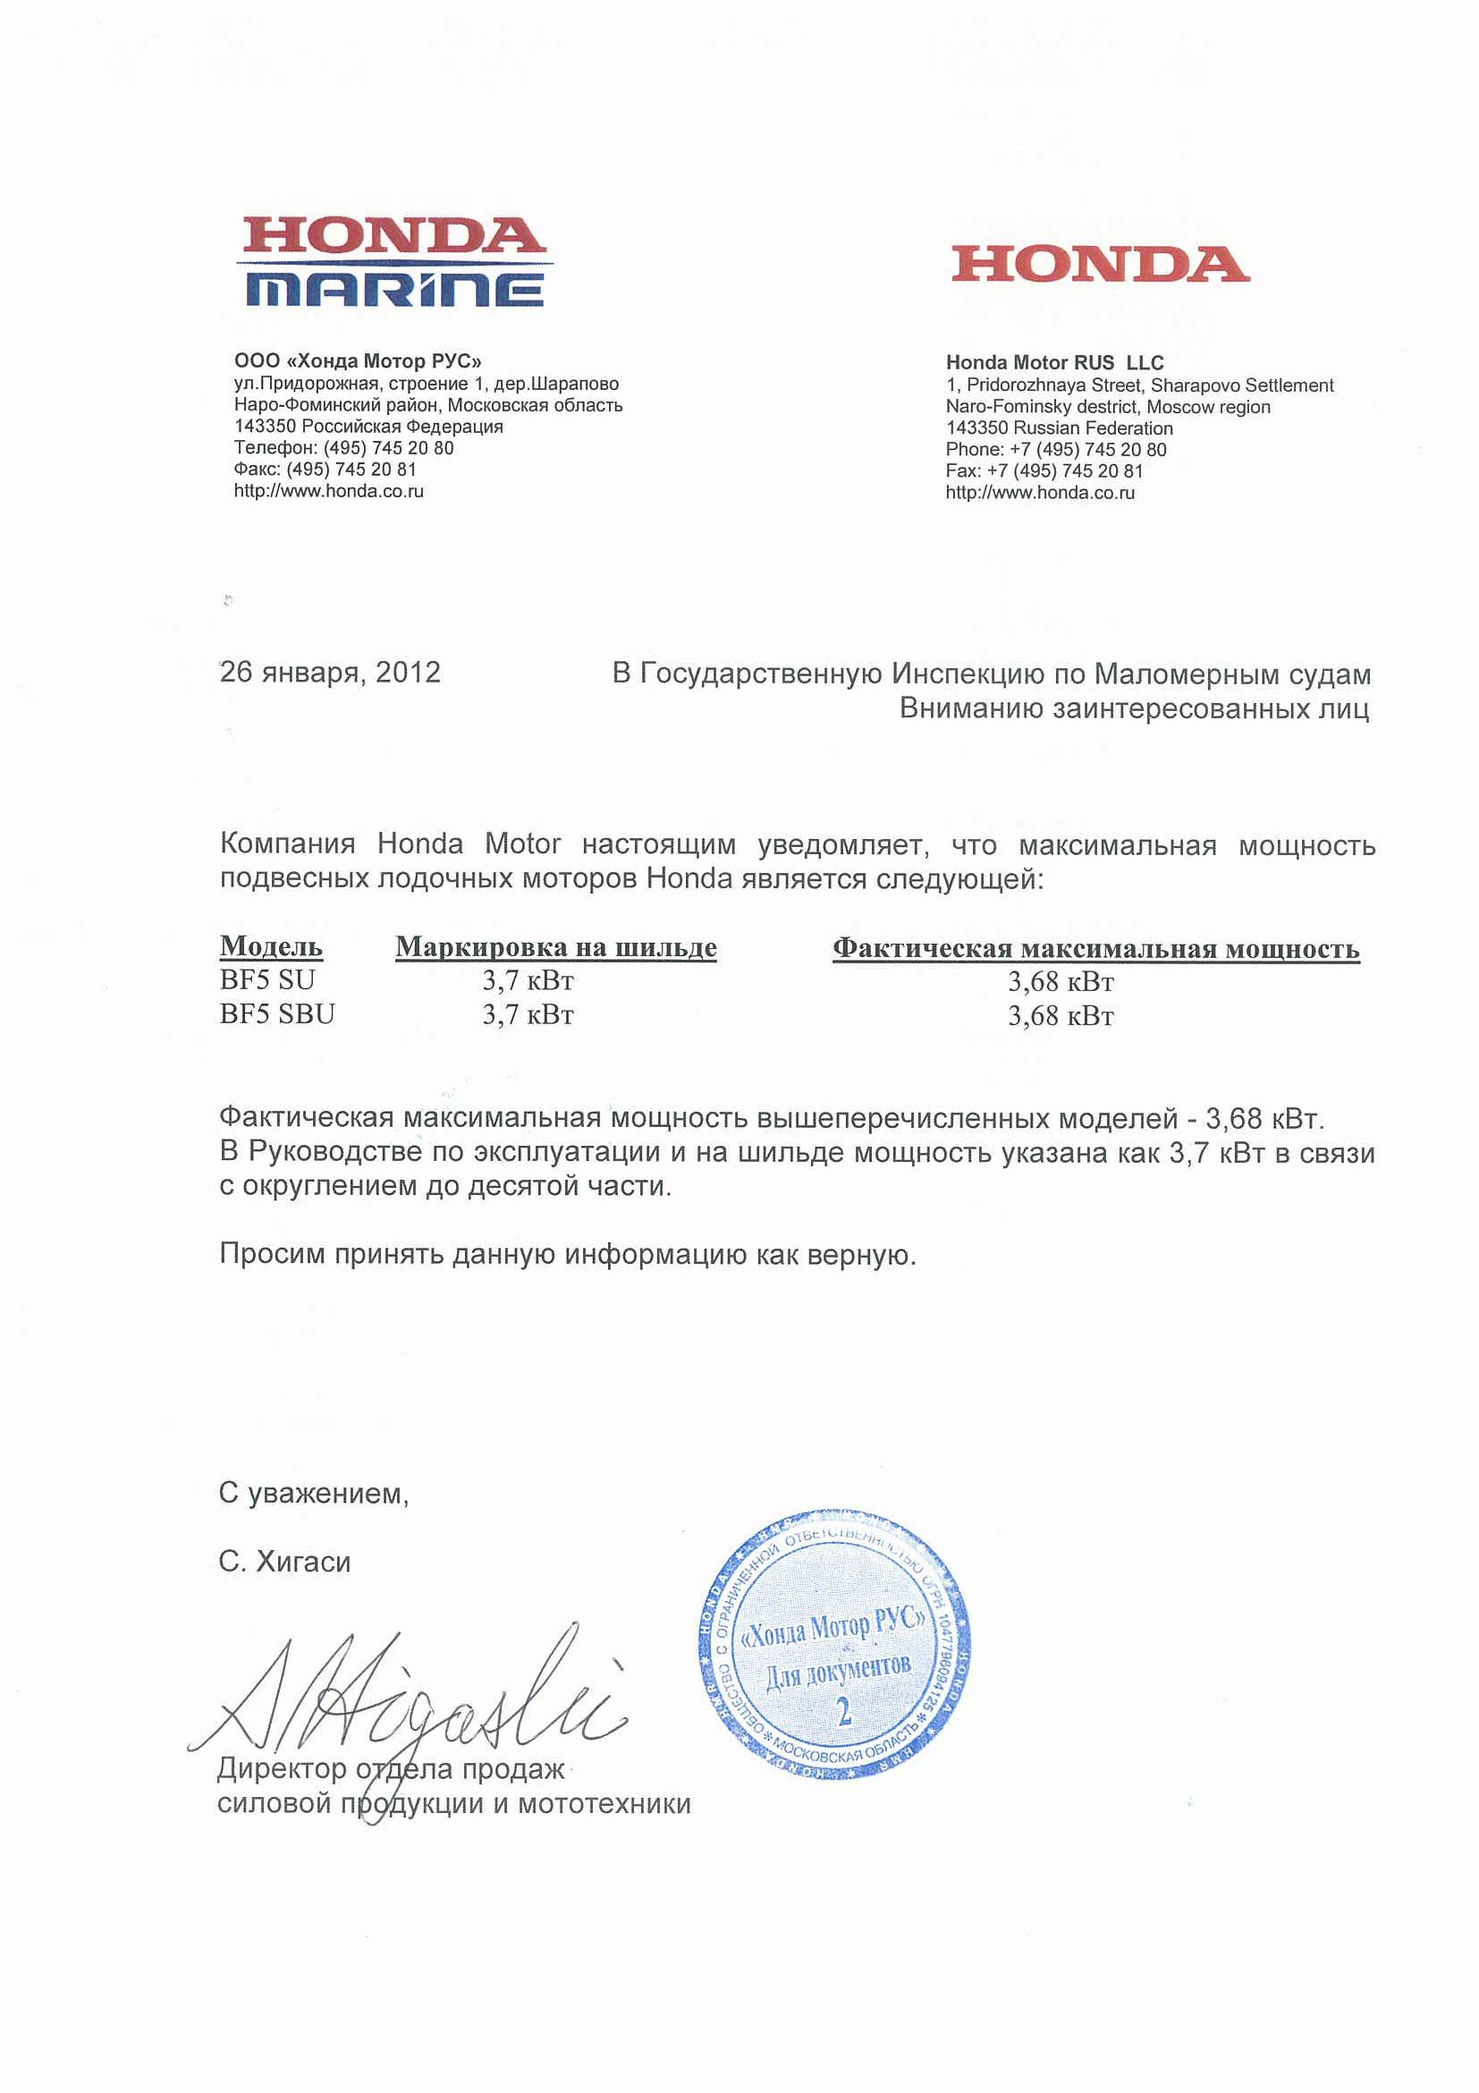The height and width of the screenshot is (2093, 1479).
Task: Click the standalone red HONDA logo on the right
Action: [x=1100, y=265]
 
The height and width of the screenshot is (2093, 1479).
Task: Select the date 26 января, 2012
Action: [x=330, y=672]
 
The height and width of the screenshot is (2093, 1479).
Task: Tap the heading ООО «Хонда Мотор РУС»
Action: [x=357, y=361]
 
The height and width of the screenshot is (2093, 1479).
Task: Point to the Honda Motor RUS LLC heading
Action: [x=1054, y=363]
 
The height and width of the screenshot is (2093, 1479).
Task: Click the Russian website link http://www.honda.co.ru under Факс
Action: [x=328, y=491]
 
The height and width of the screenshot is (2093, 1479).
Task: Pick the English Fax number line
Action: [x=1044, y=471]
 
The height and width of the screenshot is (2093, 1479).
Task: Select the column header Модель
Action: [x=271, y=946]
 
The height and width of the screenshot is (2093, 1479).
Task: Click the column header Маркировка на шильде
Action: [x=556, y=947]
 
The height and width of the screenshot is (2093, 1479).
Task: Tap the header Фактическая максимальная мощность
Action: [x=1095, y=949]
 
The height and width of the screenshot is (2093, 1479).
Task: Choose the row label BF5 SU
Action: [x=267, y=980]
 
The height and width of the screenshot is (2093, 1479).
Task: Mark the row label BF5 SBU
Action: [x=277, y=1013]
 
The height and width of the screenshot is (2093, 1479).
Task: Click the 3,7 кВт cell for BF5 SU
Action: [x=528, y=981]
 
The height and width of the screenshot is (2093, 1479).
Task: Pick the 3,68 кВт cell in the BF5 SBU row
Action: [x=1060, y=1015]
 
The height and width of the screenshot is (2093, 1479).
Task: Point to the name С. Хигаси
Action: [x=284, y=1563]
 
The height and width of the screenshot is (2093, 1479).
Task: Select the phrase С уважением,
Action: [x=314, y=1494]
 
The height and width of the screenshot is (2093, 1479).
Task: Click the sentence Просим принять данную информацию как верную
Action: [x=567, y=1255]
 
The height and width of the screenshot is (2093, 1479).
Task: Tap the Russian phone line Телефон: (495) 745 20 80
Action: [x=343, y=447]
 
